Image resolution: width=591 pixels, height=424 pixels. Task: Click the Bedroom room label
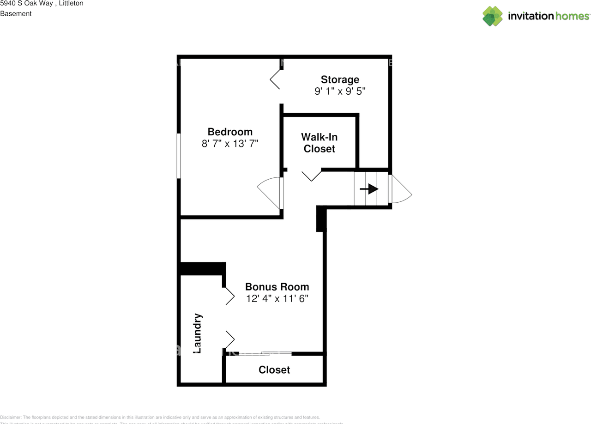pyautogui.click(x=229, y=132)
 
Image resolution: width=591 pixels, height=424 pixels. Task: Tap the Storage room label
pyautogui.click(x=340, y=79)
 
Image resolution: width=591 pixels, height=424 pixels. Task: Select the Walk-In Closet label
pyautogui.click(x=319, y=143)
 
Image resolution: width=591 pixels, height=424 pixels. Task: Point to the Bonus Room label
pyautogui.click(x=277, y=286)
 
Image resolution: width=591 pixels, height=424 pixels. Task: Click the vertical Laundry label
pyautogui.click(x=197, y=333)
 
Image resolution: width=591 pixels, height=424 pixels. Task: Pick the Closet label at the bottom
pyautogui.click(x=274, y=369)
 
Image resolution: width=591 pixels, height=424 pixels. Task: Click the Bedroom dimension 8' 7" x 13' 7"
pyautogui.click(x=229, y=144)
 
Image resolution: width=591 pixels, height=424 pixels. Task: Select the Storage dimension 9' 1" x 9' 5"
pyautogui.click(x=340, y=91)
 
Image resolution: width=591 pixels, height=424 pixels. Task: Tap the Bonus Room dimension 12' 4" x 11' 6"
pyautogui.click(x=277, y=298)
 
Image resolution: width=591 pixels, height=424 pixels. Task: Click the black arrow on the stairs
pyautogui.click(x=369, y=189)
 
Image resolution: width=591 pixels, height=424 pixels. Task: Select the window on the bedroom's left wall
pyautogui.click(x=178, y=156)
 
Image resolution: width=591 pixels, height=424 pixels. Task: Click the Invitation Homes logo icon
pyautogui.click(x=492, y=16)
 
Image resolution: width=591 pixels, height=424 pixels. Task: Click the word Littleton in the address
pyautogui.click(x=71, y=4)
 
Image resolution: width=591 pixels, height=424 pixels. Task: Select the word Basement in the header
pyautogui.click(x=16, y=14)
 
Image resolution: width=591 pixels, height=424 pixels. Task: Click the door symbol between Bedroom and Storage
pyautogui.click(x=276, y=79)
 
